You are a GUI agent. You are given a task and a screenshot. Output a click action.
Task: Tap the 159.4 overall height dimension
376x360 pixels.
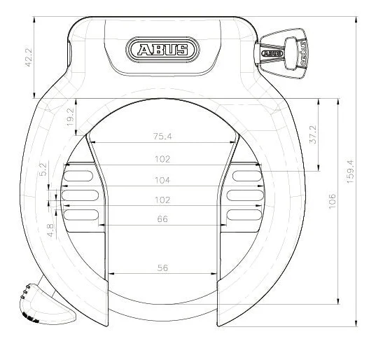350,172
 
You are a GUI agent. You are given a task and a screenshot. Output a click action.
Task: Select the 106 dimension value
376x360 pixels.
332,201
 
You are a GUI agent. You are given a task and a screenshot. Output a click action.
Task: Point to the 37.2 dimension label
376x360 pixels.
313,134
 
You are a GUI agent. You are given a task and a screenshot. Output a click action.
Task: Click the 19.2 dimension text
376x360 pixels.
70,117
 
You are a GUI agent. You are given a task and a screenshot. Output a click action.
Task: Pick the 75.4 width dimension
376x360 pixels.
162,137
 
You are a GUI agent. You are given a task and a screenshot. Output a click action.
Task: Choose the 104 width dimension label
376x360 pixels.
162,180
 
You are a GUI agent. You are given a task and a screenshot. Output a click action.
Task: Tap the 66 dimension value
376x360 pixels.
162,219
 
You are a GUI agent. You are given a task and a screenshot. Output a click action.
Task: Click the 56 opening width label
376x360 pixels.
162,268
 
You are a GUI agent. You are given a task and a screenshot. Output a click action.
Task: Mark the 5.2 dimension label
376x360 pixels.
43,169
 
